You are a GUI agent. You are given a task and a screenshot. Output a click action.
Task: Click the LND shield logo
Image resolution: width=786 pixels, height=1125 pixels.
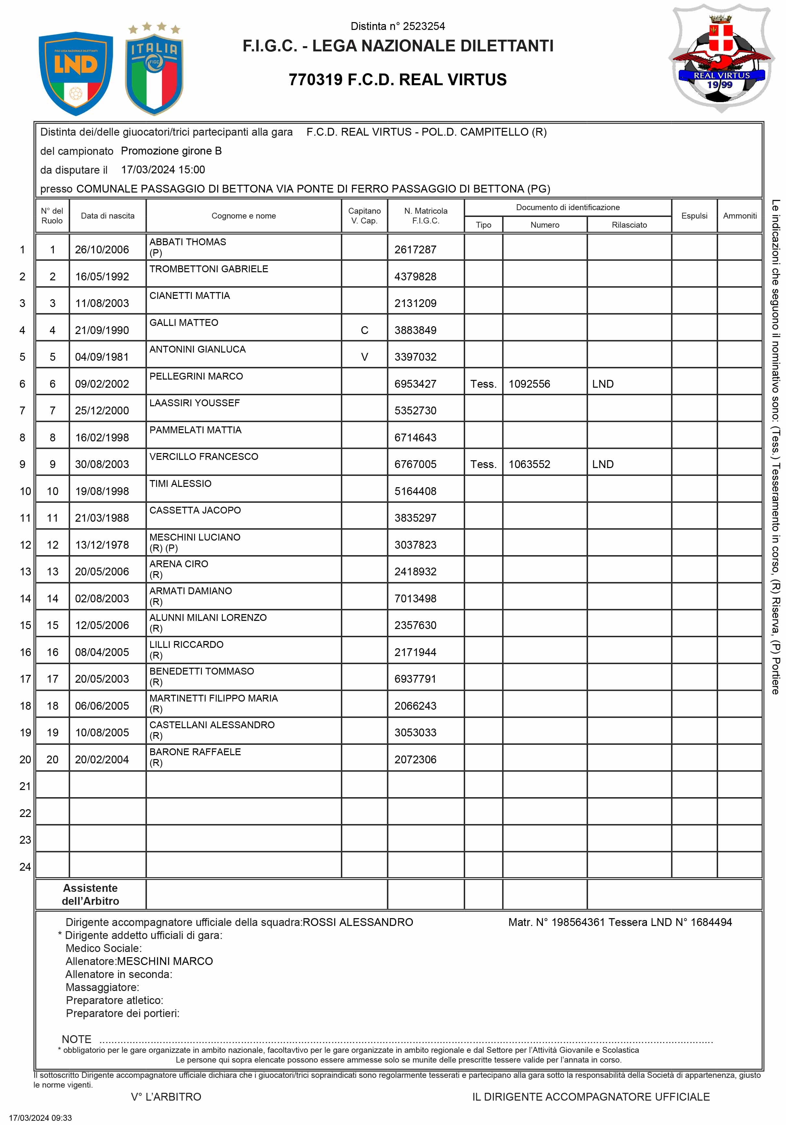coord(76,74)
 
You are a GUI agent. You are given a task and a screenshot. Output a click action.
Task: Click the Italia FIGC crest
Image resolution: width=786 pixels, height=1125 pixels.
coord(154,69)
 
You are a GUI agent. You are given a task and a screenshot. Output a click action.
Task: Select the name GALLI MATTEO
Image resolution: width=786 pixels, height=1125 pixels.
coord(184,322)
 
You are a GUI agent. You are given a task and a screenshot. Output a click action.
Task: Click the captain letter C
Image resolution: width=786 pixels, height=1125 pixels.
coord(364,330)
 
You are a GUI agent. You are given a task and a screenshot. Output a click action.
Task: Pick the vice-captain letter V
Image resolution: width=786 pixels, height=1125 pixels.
coord(364,357)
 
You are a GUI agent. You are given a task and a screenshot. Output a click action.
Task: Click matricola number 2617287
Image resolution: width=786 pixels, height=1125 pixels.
coord(415,250)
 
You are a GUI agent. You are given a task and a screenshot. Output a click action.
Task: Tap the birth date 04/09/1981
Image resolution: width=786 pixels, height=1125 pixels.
coord(102,357)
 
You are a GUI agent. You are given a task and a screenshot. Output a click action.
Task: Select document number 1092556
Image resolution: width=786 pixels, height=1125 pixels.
coord(530,384)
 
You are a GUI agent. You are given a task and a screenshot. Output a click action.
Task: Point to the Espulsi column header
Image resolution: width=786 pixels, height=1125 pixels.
coord(694,216)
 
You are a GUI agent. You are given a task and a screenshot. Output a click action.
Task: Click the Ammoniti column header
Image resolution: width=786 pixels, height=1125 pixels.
coord(740,216)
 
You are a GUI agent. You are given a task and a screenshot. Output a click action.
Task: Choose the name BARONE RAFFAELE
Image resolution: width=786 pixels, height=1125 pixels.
coord(195,752)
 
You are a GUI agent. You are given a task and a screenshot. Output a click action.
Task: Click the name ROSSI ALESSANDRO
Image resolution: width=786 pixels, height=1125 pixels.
coord(358,922)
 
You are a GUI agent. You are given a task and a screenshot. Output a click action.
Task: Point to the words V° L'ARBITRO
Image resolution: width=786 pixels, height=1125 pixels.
coord(166,1097)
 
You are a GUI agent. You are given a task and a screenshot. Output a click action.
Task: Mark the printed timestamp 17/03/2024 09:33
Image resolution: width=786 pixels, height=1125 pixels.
coord(41,1118)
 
